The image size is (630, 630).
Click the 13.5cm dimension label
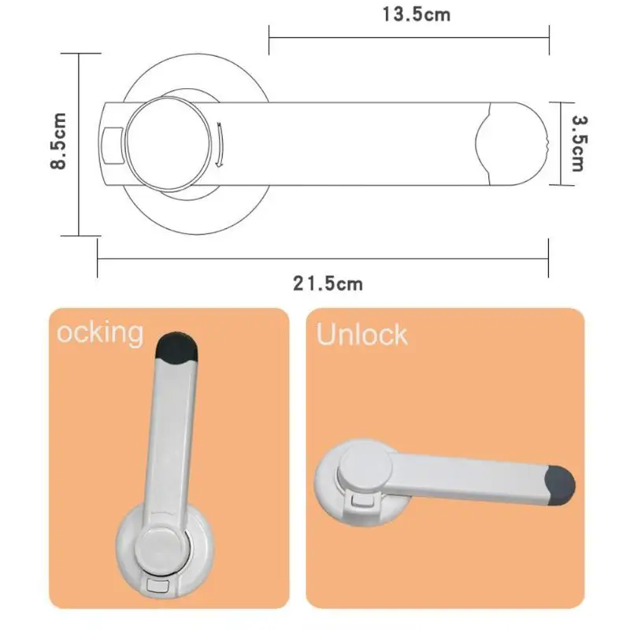[417, 15]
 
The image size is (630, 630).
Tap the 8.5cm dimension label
[58, 141]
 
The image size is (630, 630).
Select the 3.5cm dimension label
[580, 143]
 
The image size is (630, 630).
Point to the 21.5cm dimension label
[328, 283]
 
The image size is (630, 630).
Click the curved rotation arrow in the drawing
[220, 145]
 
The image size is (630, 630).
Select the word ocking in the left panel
[100, 332]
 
